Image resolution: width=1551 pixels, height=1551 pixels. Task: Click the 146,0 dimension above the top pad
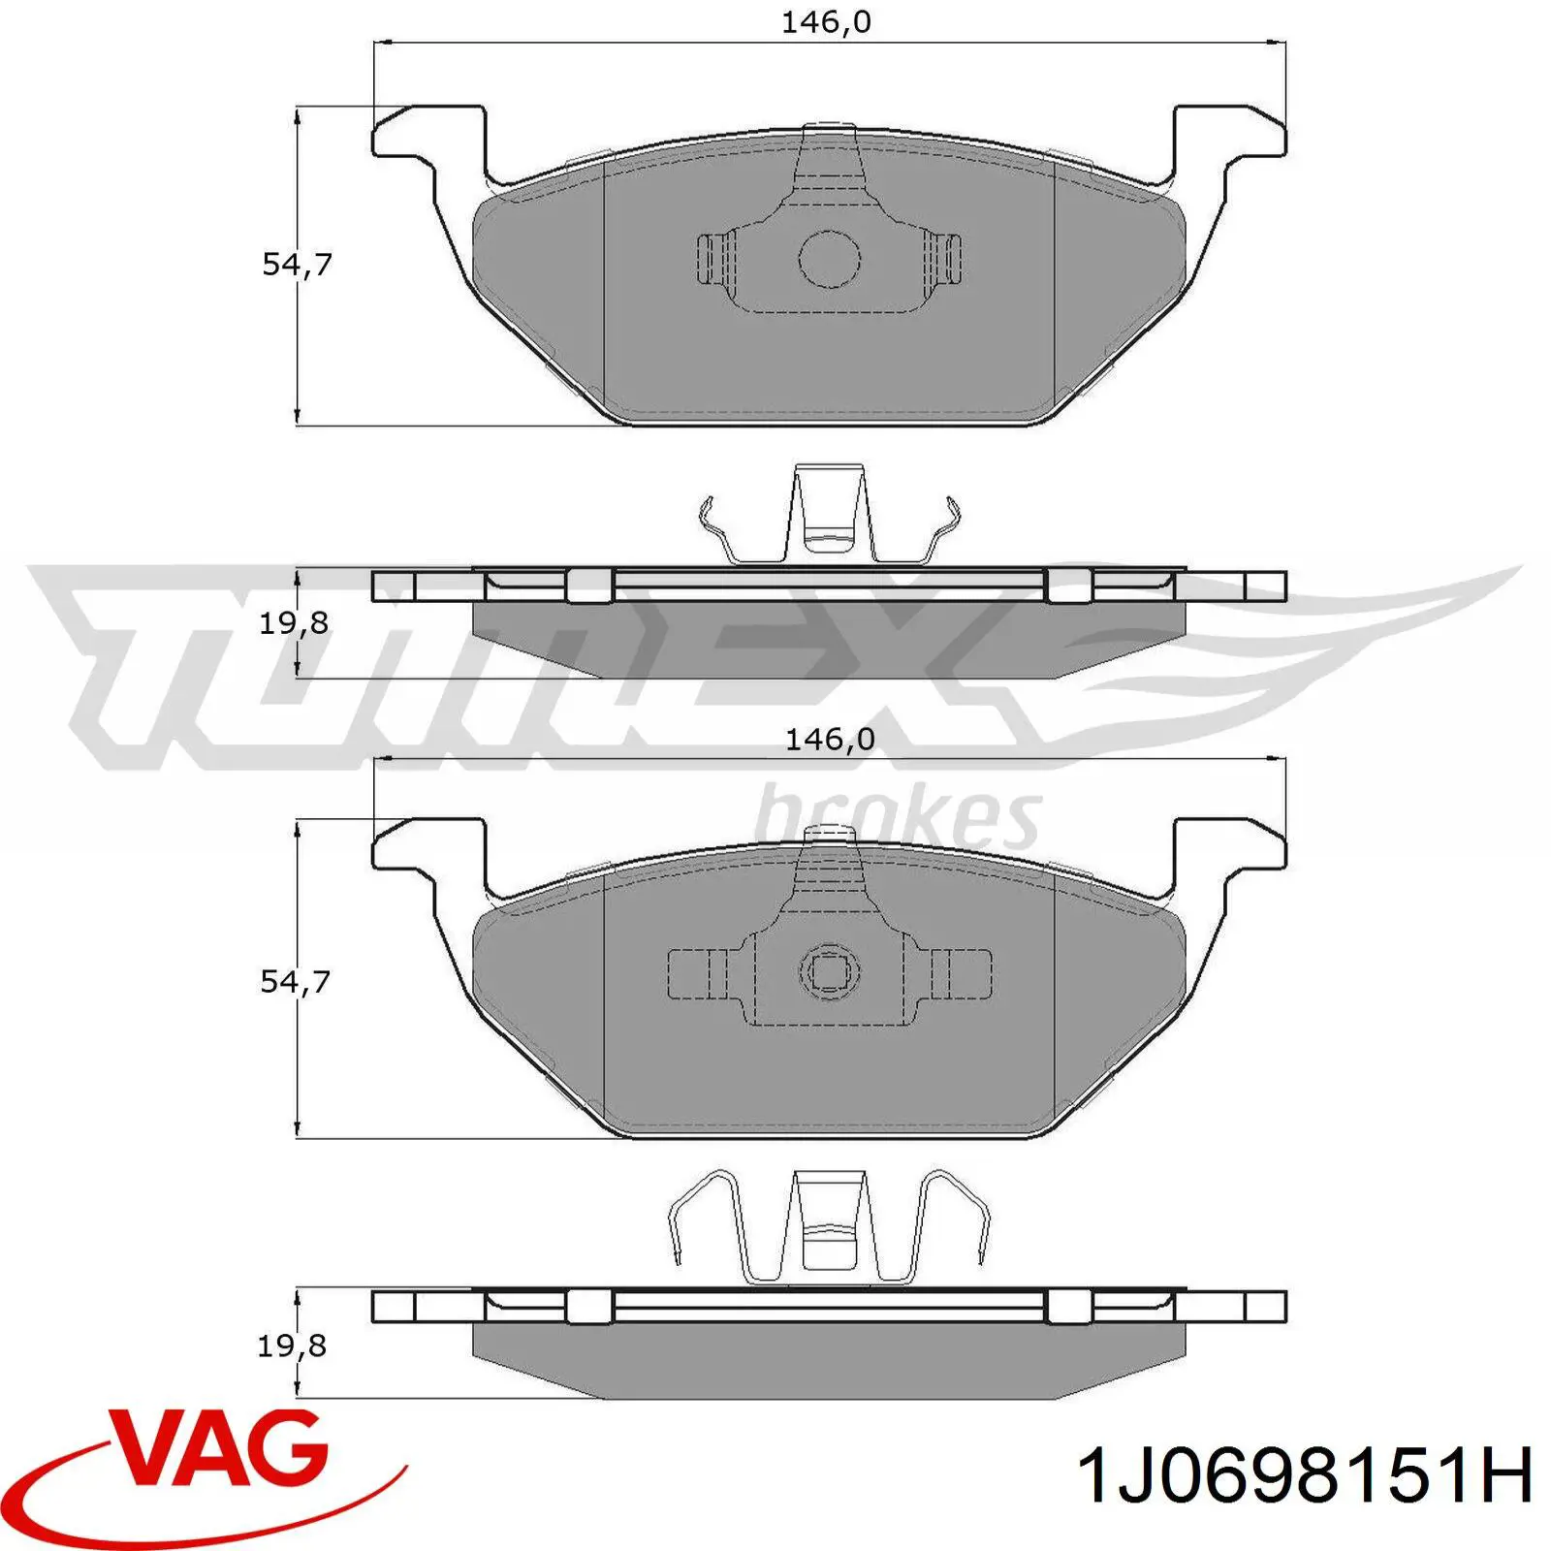826,22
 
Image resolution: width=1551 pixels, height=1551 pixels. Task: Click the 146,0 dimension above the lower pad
830,740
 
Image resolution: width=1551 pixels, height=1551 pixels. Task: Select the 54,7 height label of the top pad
297,264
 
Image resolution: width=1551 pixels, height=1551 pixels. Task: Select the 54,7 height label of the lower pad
295,981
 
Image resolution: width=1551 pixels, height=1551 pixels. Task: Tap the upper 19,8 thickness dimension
293,623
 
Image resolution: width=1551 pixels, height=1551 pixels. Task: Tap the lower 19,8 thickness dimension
291,1345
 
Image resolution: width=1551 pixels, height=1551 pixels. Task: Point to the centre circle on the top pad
830,259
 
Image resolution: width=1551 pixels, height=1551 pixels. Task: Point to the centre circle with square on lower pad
830,972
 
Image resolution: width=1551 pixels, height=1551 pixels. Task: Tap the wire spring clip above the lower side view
830,1226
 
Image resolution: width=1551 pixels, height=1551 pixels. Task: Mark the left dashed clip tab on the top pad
715,259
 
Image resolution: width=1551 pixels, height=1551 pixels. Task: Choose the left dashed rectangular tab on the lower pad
696,973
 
